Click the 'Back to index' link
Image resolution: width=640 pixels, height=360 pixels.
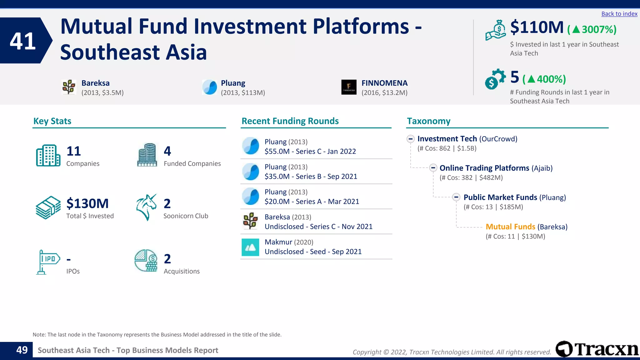point(619,14)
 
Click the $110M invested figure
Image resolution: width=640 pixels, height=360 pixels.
point(537,27)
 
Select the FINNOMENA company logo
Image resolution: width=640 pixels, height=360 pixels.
point(349,87)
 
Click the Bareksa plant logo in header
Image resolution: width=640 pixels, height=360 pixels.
point(69,87)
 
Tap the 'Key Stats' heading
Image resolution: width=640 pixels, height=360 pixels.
point(52,121)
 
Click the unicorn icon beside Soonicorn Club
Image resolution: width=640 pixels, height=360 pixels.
point(146,207)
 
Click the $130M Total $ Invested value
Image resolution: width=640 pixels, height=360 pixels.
point(87,204)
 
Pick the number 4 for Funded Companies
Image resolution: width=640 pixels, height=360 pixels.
point(167,151)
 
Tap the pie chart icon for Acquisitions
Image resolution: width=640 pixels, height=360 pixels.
point(146,260)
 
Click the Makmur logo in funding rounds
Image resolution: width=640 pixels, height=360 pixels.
point(250,247)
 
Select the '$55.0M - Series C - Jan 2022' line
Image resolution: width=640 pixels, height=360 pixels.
point(310,152)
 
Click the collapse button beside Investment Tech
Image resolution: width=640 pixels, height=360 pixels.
point(411,139)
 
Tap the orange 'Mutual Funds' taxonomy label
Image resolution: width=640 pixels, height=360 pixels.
point(510,227)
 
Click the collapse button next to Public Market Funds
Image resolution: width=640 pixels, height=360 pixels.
point(456,197)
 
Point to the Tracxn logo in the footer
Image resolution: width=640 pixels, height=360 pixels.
point(597,349)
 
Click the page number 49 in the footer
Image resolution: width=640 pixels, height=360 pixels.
point(22,350)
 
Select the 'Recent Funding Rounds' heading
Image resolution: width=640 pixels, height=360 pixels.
point(290,121)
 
